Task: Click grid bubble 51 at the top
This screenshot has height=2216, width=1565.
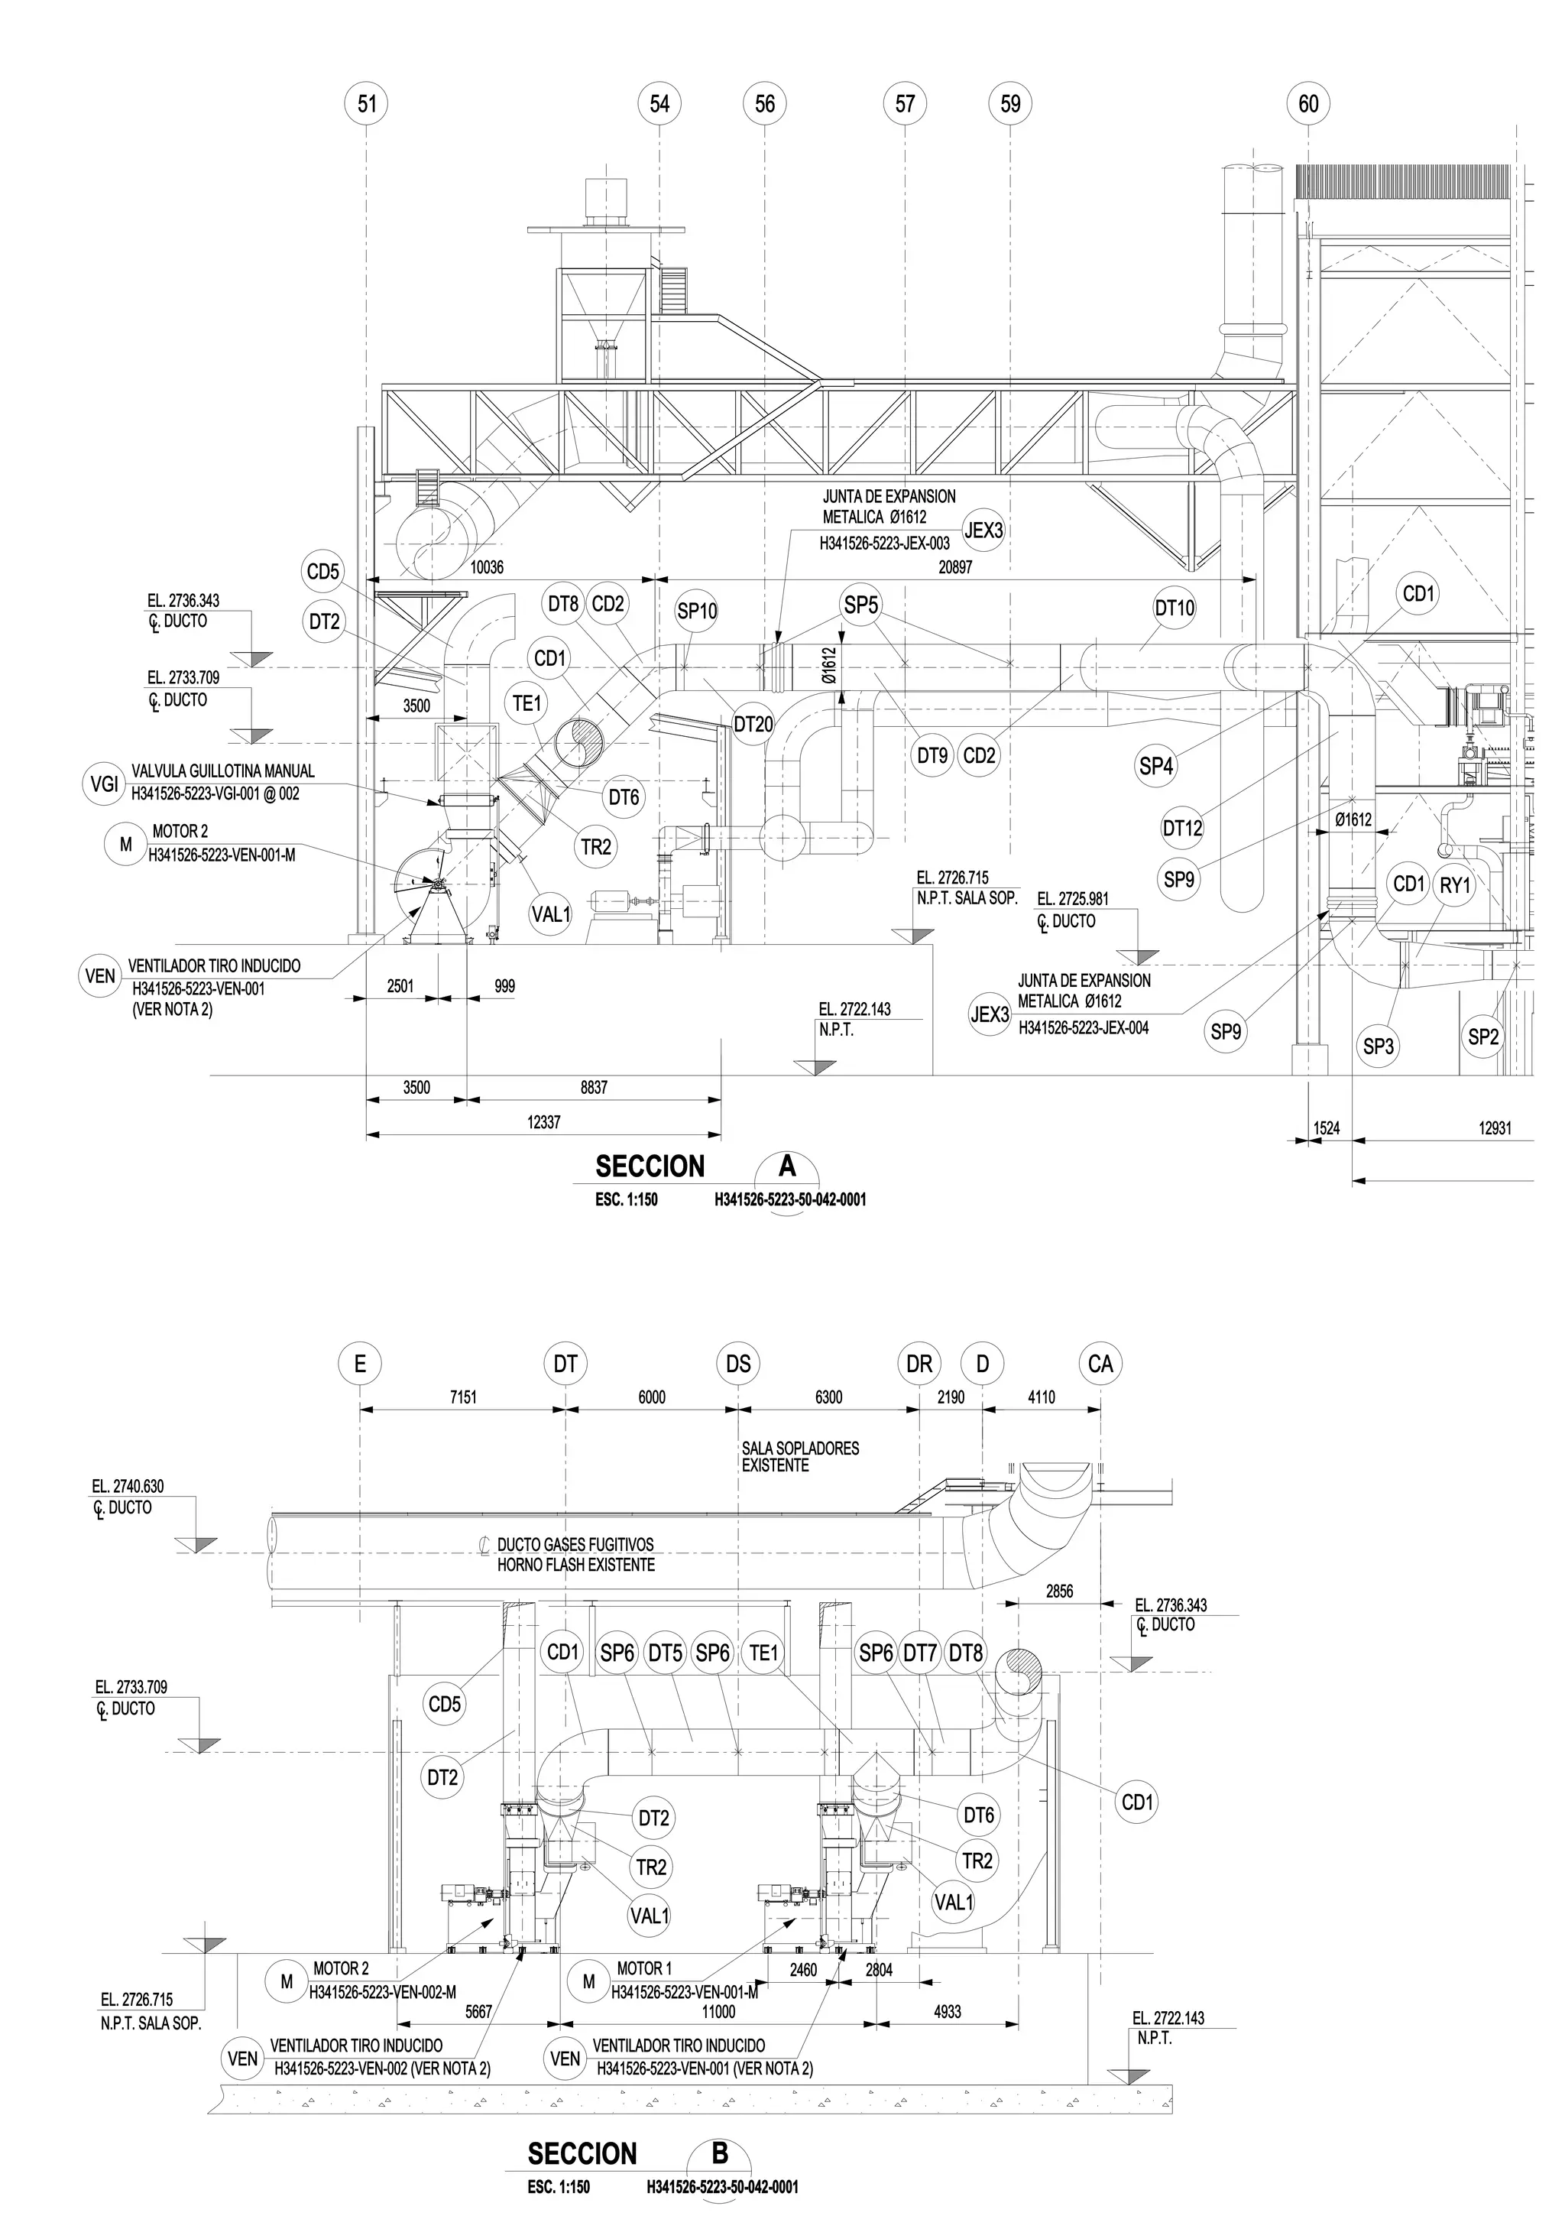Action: click(367, 103)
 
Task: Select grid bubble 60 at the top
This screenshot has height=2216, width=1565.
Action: click(1308, 103)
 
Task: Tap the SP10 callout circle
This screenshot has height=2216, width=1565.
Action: click(697, 611)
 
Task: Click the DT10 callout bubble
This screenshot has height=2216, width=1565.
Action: click(1175, 608)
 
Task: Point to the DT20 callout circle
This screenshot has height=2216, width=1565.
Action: click(753, 724)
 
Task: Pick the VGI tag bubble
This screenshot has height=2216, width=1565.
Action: click(103, 784)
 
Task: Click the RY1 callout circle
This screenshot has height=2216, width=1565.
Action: click(1454, 884)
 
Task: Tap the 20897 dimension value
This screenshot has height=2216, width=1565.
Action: click(955, 567)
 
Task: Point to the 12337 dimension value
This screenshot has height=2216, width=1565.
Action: click(543, 1122)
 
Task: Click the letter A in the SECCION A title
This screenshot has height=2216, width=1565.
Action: click(787, 1166)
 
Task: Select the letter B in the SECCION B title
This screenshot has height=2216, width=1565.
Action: click(720, 2153)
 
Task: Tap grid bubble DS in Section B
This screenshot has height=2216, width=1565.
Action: click(738, 1364)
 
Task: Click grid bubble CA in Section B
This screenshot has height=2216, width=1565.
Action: click(1100, 1364)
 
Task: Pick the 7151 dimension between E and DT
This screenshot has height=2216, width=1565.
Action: click(463, 1397)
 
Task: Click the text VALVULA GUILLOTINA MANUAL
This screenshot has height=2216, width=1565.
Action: click(223, 771)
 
